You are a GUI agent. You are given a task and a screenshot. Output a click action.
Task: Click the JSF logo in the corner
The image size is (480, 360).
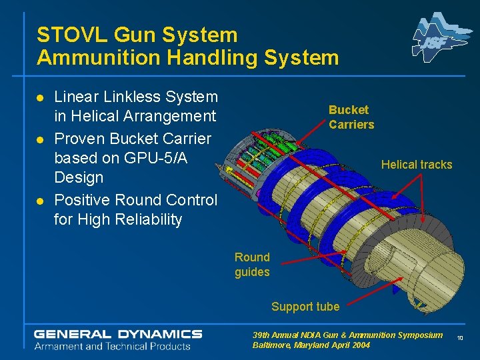click(x=437, y=39)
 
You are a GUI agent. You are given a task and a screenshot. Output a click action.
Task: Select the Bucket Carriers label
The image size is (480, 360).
click(x=351, y=117)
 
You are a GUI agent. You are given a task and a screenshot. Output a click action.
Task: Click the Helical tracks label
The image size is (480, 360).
click(x=416, y=165)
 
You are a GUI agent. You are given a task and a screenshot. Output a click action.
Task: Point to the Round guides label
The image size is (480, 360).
click(x=252, y=265)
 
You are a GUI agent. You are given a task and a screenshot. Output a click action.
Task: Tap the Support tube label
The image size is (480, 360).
click(x=305, y=307)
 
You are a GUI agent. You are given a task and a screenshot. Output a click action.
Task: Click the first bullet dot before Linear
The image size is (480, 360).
click(x=41, y=98)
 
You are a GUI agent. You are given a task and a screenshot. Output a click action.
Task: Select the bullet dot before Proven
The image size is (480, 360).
click(x=41, y=139)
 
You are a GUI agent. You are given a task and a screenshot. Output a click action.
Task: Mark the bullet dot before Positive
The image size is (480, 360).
click(x=41, y=201)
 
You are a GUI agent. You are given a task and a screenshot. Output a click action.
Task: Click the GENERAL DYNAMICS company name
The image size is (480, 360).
click(x=118, y=334)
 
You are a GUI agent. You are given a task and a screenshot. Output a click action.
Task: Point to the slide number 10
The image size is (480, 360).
click(x=460, y=339)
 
